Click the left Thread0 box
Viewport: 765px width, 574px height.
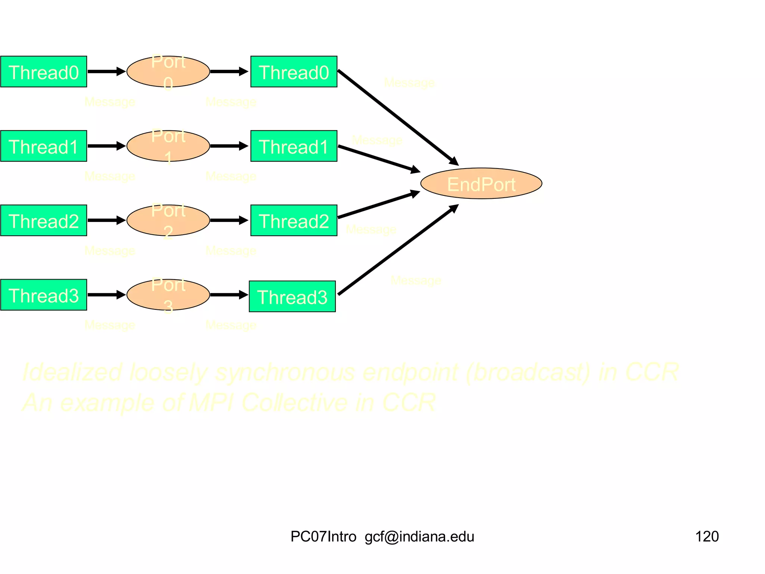tap(44, 72)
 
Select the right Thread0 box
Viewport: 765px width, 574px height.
tap(294, 72)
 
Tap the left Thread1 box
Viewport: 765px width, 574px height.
tap(44, 146)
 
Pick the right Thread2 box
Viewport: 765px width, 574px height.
tap(294, 220)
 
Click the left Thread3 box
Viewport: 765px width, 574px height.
tap(44, 295)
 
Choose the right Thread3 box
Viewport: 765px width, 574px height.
tap(292, 296)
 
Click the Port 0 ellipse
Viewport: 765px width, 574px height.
tap(168, 71)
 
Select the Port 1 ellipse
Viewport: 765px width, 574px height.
tap(168, 146)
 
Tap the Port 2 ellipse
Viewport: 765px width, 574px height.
tap(168, 220)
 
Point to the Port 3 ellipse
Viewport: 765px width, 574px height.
tap(168, 294)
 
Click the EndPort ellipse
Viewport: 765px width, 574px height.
tap(481, 183)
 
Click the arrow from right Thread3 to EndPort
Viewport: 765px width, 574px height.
tap(398, 250)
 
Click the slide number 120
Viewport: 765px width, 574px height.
tap(707, 537)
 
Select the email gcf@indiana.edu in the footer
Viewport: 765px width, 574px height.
tap(419, 537)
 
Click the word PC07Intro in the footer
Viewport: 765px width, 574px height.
tap(323, 537)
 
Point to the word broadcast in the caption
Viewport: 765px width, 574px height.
tap(529, 372)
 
